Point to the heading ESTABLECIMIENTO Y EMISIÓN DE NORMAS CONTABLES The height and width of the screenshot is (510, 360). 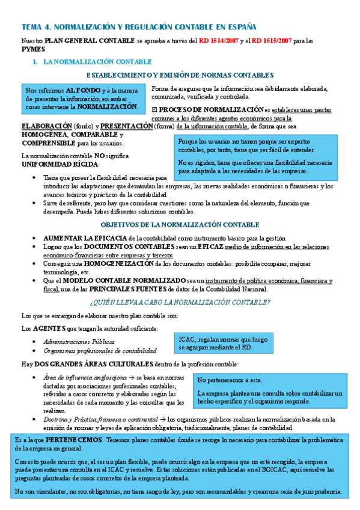(x=180, y=75)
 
